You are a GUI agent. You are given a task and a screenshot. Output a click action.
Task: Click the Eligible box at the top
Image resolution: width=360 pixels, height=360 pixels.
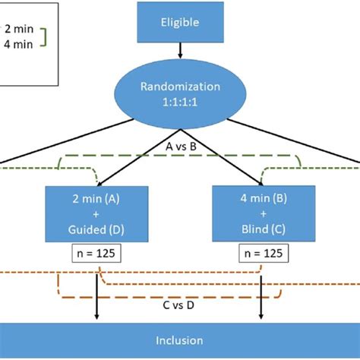tap(179, 22)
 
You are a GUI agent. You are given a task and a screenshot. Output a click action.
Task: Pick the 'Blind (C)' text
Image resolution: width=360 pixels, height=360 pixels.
tap(262, 229)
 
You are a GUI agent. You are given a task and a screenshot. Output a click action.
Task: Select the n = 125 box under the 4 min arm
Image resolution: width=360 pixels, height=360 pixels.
tap(262, 253)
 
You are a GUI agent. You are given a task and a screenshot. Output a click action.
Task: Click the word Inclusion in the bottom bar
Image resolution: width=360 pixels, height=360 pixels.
tap(179, 341)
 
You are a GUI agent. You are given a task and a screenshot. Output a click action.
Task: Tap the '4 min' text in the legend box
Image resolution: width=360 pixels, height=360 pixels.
tap(18, 45)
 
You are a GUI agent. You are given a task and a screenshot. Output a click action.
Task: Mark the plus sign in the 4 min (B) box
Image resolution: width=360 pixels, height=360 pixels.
tap(262, 215)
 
